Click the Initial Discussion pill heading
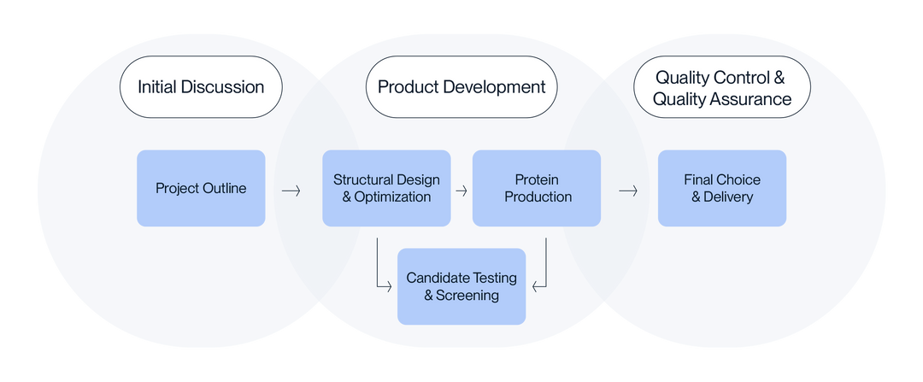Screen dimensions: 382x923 201,86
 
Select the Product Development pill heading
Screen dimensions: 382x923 461,86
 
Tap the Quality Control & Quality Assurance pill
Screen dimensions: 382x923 722,88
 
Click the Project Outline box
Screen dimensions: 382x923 201,188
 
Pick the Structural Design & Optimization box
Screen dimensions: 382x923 386,188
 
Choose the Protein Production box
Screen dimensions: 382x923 537,188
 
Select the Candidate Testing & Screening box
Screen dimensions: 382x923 461,286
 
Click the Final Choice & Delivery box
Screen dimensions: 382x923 722,188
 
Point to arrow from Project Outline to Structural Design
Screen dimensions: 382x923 291,191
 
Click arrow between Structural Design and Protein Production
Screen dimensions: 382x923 461,191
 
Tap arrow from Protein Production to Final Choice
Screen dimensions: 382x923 628,191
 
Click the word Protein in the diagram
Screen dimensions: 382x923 537,179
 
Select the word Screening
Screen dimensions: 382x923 467,296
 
